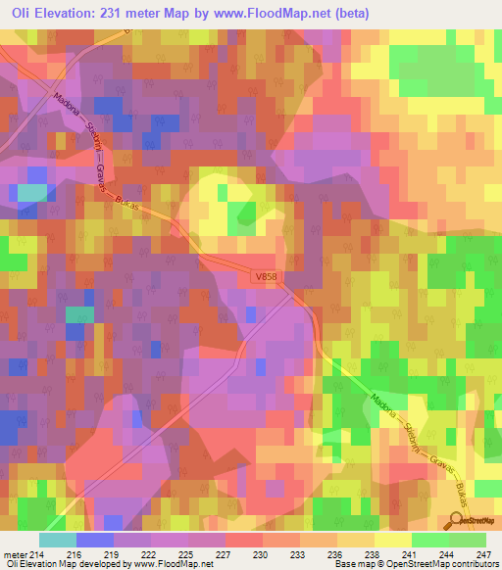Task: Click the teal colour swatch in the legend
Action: [58, 540]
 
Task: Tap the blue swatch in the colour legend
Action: [95, 540]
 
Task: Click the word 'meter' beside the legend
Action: [14, 553]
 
